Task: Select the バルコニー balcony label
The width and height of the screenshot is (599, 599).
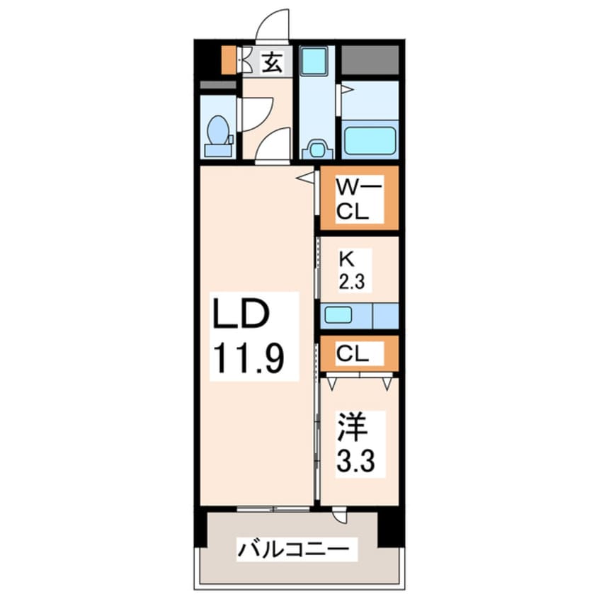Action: (x=292, y=549)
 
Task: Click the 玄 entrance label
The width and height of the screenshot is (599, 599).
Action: (x=272, y=63)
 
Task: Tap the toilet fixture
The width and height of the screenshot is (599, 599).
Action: (x=218, y=136)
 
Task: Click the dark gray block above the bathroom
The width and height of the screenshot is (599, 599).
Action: (x=370, y=60)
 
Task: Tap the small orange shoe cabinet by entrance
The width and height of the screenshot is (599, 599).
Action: (x=228, y=61)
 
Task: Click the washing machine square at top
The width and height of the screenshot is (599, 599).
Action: (x=312, y=62)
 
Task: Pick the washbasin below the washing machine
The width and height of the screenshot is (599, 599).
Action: (x=315, y=149)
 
